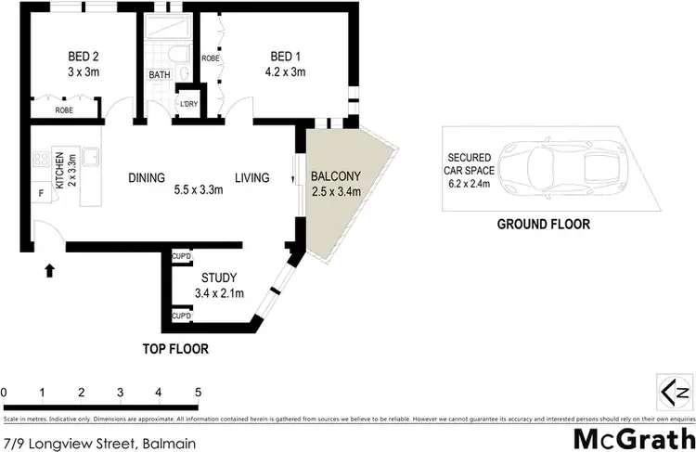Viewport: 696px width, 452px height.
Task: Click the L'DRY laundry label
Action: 189,103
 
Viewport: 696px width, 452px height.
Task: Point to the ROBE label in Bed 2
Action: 64,110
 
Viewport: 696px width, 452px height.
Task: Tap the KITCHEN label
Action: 58,172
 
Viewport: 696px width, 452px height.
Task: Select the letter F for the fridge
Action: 41,195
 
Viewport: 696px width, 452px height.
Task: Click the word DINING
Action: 147,178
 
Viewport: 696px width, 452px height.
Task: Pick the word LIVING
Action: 251,178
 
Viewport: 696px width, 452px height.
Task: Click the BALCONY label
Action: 334,176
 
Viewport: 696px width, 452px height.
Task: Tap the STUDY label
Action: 219,277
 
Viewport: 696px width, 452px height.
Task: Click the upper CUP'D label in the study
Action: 181,257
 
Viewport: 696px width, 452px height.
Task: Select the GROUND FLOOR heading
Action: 543,224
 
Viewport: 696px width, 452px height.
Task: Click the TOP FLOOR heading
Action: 174,350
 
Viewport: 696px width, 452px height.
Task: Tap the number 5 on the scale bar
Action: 198,392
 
